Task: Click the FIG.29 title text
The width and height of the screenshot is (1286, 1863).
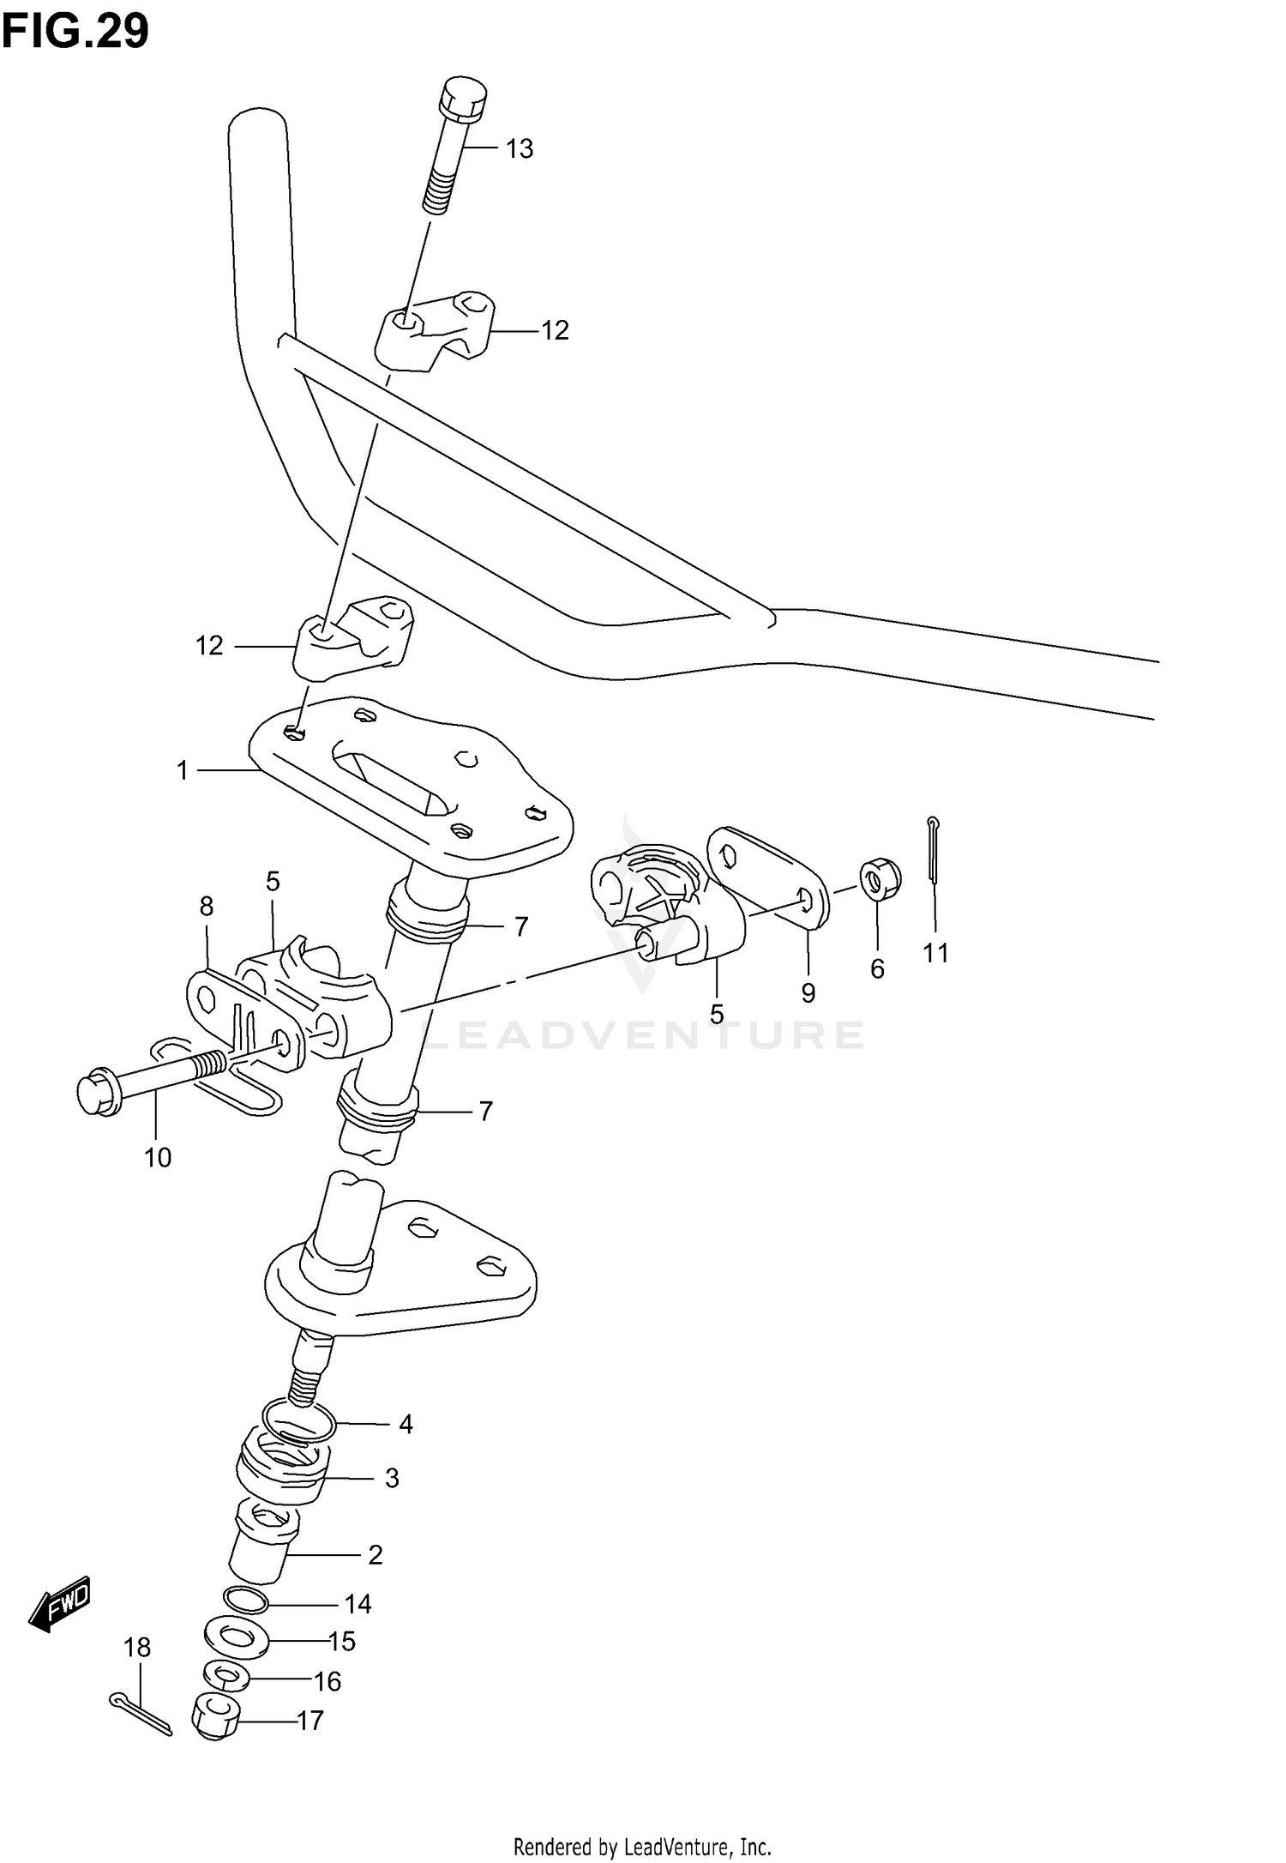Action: pos(75,32)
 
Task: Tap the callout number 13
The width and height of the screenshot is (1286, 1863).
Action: pos(519,149)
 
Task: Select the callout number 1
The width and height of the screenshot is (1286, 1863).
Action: pos(182,771)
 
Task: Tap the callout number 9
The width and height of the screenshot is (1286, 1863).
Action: pos(808,992)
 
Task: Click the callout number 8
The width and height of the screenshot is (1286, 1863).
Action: pos(207,907)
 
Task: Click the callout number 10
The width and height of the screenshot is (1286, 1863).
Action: pos(158,1158)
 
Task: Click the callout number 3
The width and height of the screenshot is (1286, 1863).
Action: pos(392,1478)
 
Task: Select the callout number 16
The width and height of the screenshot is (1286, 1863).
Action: pos(328,1682)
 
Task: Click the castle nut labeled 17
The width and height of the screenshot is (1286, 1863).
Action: pos(218,1719)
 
